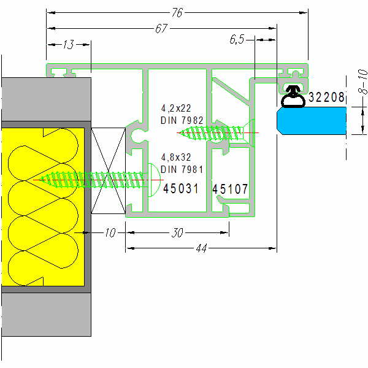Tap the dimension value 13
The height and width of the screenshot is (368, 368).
coord(68,44)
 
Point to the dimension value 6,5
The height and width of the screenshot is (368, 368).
coord(237,39)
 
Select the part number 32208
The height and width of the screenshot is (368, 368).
coord(327,97)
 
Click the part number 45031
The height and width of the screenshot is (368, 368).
coord(181,189)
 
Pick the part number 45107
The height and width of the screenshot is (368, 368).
coord(231,190)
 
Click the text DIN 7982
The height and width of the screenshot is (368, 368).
coord(182,120)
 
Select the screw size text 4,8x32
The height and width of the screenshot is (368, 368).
coord(176,157)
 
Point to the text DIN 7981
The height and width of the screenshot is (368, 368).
coord(182,169)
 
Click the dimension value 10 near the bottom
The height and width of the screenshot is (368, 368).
coord(109,233)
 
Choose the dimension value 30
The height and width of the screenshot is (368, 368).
coord(177,233)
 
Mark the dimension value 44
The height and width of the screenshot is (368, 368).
coord(201,248)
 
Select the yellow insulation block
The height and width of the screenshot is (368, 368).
coord(43,205)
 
